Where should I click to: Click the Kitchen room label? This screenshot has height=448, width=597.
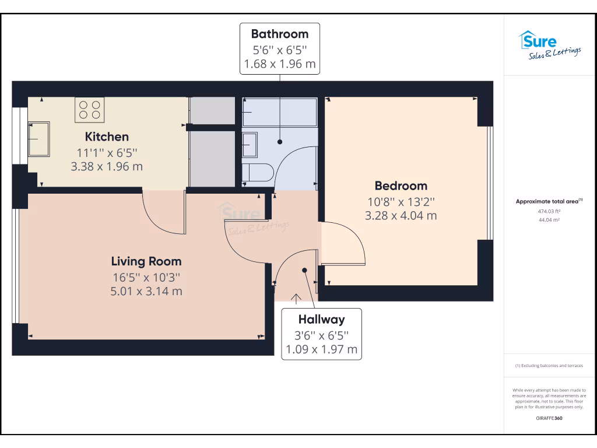107,137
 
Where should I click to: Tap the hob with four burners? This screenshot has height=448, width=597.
89,110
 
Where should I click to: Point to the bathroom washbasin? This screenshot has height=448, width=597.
250,145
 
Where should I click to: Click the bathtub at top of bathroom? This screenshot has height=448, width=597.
280,112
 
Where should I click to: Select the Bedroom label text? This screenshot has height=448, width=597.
401,186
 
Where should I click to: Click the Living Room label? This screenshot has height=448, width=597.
146,261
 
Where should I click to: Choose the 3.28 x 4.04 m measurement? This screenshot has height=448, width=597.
401,215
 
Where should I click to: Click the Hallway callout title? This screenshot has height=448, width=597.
321,320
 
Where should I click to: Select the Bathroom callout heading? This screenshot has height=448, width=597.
280,33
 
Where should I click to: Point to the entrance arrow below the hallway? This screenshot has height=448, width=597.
296,299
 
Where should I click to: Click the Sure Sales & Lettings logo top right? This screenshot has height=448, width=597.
549,45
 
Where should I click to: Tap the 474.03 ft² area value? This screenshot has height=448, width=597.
549,212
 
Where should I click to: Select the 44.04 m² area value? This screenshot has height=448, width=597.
549,220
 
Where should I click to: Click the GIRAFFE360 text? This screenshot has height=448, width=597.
549,418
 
